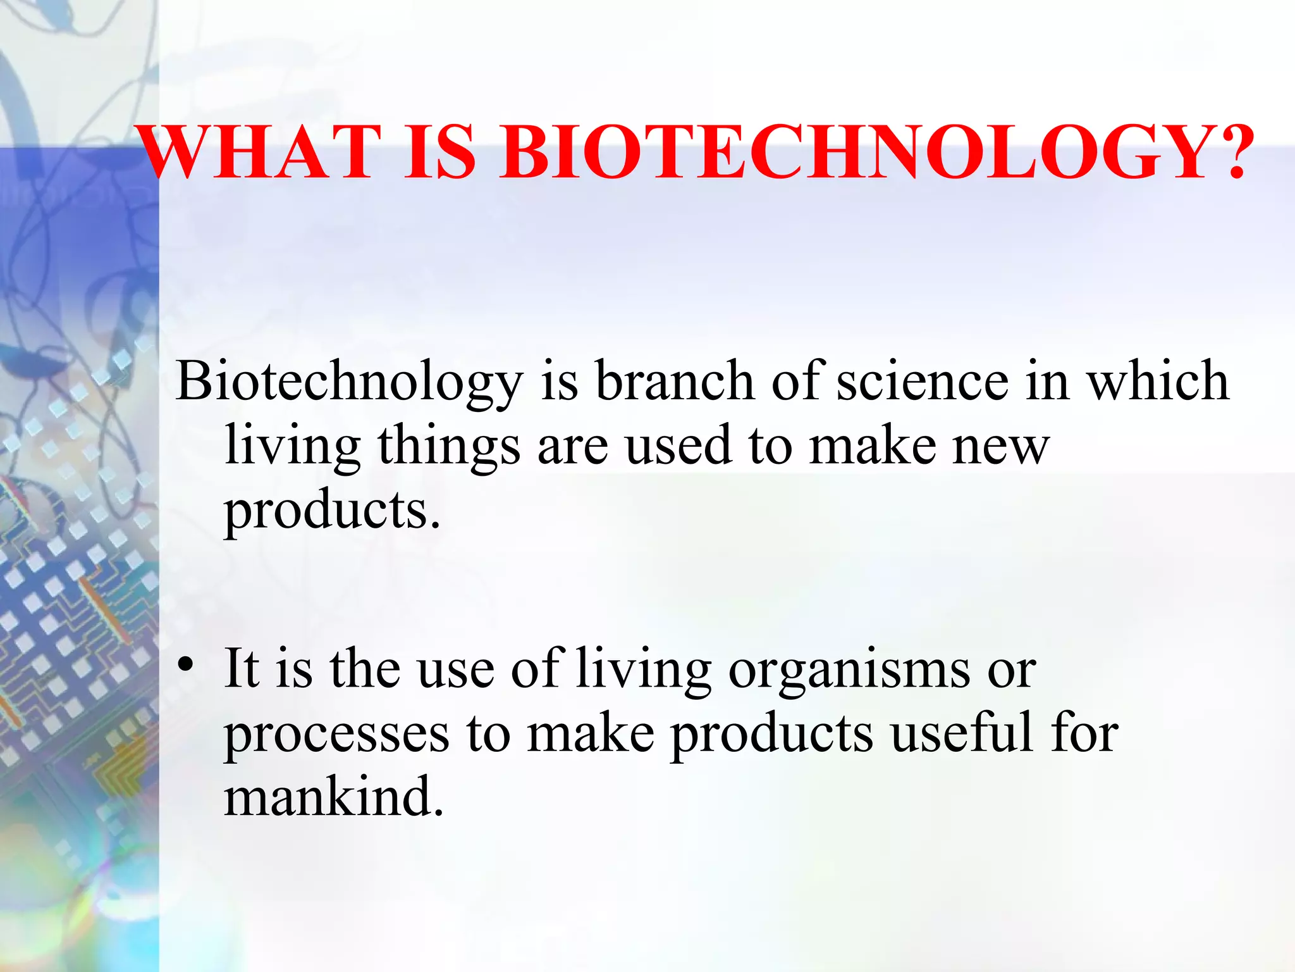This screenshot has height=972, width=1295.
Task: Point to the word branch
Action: (675, 381)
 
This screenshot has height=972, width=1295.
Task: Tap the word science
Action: (923, 381)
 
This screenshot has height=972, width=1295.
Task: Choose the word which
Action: (1157, 381)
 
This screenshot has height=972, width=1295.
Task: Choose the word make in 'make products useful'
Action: (591, 734)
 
